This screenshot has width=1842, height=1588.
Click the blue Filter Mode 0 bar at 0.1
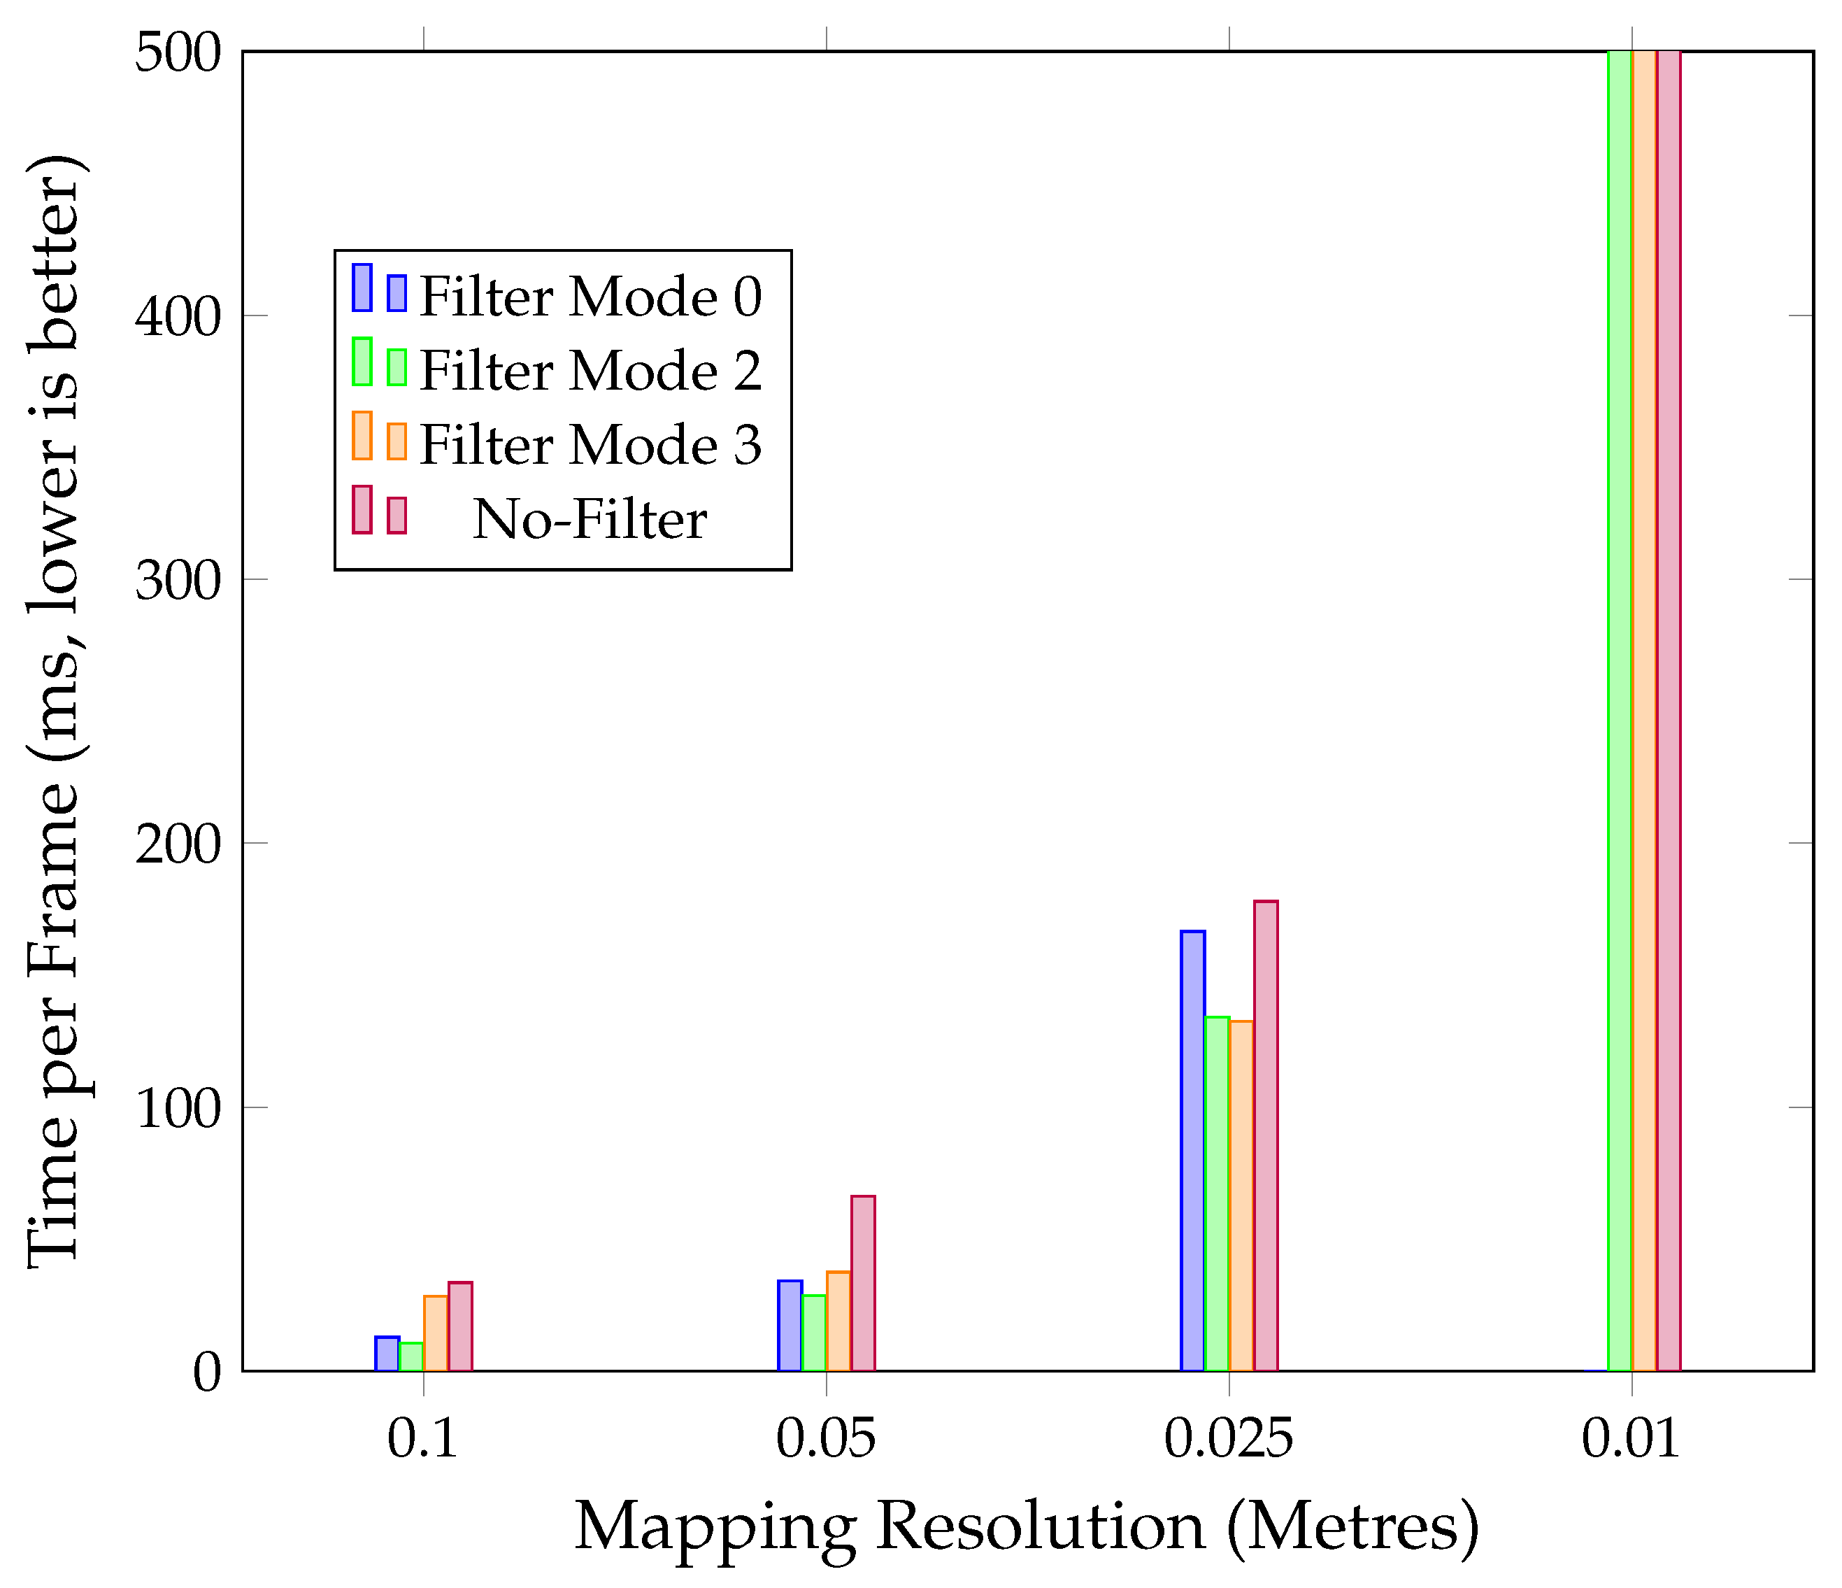387,1354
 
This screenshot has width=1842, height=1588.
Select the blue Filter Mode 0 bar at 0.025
1192,1151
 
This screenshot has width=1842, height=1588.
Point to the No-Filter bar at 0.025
1266,1135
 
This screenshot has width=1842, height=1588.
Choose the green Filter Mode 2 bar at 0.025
1217,1193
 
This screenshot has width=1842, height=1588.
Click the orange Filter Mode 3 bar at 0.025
1241,1196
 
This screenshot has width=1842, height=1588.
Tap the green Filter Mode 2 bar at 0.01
1620,711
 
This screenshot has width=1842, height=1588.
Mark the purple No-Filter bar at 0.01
1669,711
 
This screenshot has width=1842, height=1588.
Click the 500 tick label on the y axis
177,55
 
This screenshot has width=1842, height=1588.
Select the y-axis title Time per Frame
55,711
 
